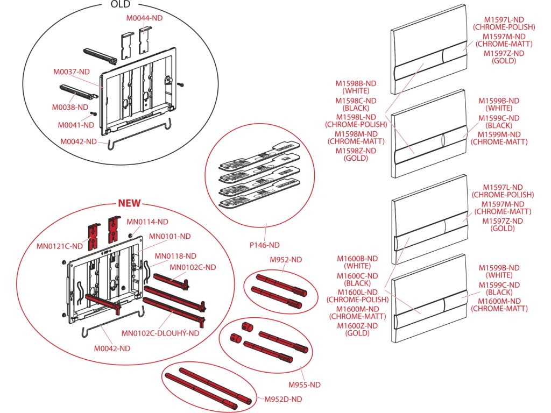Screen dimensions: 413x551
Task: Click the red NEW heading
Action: coord(129,203)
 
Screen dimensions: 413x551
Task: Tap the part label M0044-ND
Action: coord(144,18)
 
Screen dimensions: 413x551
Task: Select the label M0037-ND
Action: coord(71,72)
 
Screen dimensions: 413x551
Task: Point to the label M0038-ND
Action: coord(70,107)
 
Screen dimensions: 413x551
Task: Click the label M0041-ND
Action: coord(76,125)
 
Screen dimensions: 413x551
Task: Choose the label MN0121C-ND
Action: coord(60,246)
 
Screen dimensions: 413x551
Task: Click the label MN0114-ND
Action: coord(147,221)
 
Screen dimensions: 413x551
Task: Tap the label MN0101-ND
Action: coord(169,236)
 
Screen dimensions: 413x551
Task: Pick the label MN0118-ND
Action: coord(175,256)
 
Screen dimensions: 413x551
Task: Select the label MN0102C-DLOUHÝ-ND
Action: coord(160,333)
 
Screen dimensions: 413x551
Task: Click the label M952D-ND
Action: coord(283,398)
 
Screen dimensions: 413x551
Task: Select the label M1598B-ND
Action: coord(356,83)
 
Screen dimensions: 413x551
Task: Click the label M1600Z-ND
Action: coord(357,325)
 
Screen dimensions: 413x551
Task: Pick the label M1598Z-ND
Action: coord(356,151)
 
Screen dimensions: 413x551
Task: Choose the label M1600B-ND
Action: coord(357,258)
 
